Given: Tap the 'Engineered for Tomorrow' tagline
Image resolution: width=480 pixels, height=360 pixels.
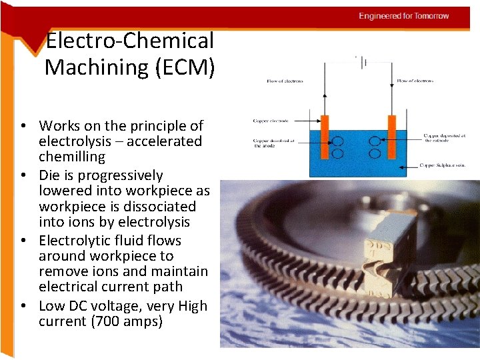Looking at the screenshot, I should click(404, 16).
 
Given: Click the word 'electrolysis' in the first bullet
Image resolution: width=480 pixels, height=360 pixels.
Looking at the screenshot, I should click(73, 141).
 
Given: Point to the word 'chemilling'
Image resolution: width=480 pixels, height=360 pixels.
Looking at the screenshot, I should click(72, 157).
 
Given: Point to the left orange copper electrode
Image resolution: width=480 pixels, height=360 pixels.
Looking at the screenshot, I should click(325, 141).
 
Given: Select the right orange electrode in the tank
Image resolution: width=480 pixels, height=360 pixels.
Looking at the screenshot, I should click(392, 141).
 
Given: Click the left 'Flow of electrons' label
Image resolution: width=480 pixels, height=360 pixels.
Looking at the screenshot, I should click(285, 81).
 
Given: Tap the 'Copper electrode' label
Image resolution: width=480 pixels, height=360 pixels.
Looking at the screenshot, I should click(271, 121).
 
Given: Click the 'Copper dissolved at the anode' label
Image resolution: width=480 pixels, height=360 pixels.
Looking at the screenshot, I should click(273, 143).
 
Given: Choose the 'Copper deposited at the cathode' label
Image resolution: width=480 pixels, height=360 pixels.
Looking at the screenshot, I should click(444, 138).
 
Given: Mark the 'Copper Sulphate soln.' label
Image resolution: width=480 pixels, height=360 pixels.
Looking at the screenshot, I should click(443, 164).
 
